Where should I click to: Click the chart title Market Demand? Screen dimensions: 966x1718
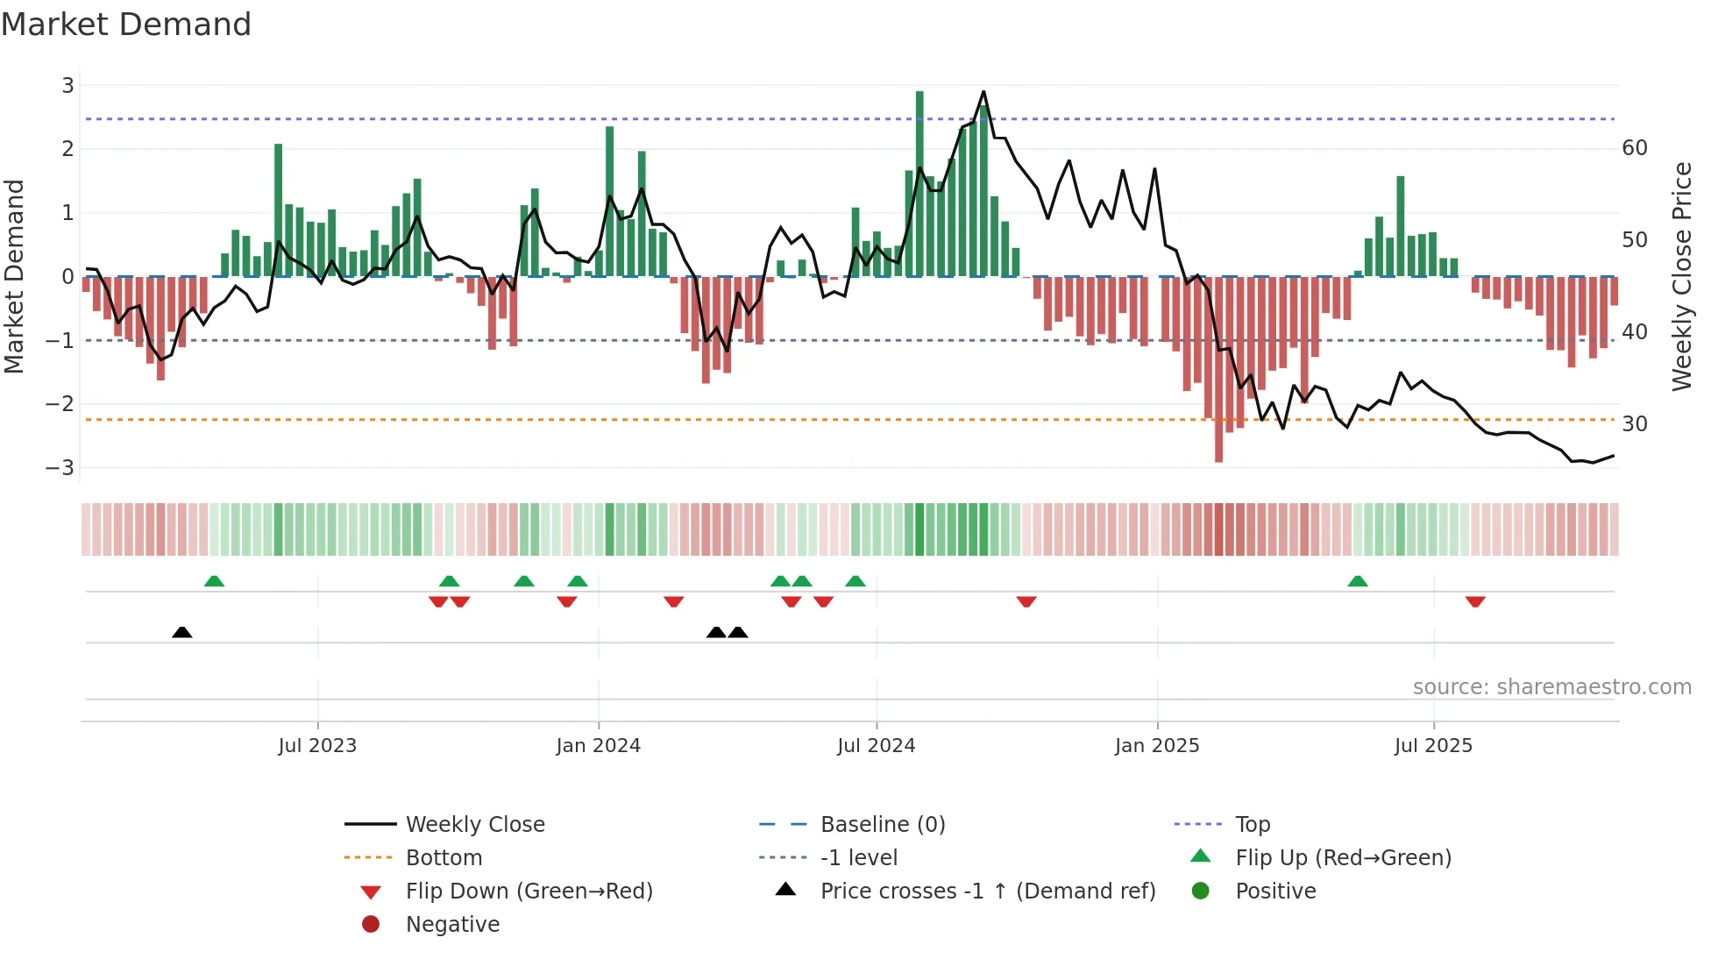point(126,25)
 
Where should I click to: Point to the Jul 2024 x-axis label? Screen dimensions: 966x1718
point(876,746)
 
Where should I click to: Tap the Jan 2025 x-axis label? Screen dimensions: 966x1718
point(1157,746)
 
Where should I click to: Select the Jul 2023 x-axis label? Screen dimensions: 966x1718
point(317,746)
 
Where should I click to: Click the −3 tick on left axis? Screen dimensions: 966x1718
point(60,467)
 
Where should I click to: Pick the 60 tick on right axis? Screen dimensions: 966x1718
point(1635,148)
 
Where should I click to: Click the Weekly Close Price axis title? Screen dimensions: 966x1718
point(1681,276)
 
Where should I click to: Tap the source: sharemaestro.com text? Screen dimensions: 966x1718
point(1551,687)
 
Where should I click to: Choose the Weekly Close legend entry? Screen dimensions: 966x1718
point(474,825)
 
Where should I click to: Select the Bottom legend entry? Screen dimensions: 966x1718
point(444,858)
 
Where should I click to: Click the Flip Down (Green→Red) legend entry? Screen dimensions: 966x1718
point(529,891)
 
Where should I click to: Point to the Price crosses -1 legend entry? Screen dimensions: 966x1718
point(987,891)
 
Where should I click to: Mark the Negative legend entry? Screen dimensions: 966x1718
point(452,925)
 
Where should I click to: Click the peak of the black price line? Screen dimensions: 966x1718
point(983,92)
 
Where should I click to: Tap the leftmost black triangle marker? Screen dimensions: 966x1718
point(181,632)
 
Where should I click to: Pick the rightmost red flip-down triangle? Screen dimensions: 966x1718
point(1475,601)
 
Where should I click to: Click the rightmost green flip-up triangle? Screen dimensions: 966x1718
point(1358,581)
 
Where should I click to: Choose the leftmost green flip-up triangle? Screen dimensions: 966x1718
point(214,581)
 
